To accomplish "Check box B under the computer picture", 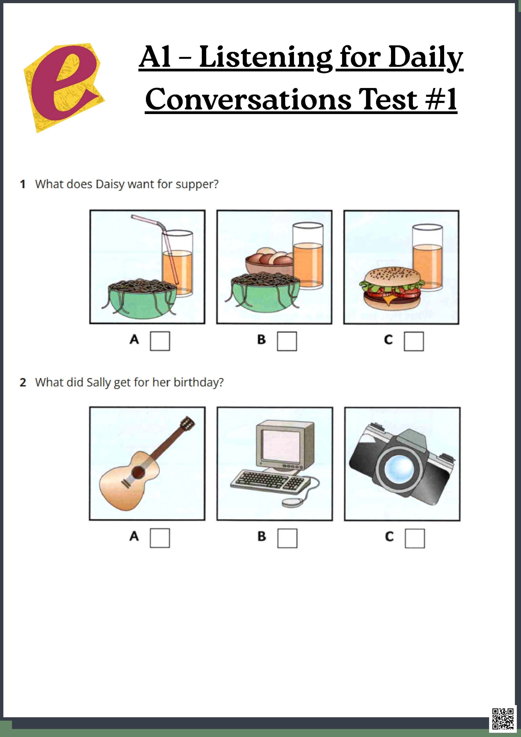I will [x=287, y=538].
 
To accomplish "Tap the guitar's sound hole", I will [x=138, y=472].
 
